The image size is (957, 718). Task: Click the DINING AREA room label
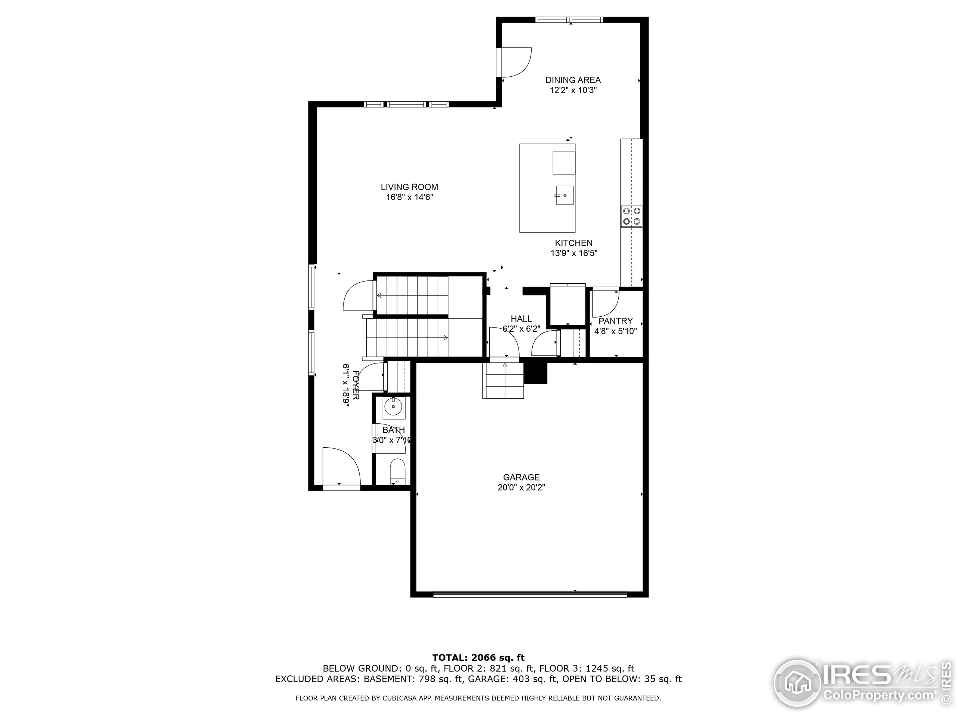pyautogui.click(x=573, y=80)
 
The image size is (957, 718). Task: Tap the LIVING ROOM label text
pyautogui.click(x=409, y=187)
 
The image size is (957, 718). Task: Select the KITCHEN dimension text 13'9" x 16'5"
pyautogui.click(x=574, y=253)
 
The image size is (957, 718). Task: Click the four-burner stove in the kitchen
pyautogui.click(x=632, y=217)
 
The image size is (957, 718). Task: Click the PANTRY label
pyautogui.click(x=615, y=321)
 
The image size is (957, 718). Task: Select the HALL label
pyautogui.click(x=521, y=319)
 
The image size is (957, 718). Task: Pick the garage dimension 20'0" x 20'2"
pyautogui.click(x=521, y=487)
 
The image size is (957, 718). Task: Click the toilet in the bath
pyautogui.click(x=397, y=471)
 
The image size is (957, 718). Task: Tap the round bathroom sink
pyautogui.click(x=393, y=407)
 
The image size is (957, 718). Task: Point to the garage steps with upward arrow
pyautogui.click(x=504, y=381)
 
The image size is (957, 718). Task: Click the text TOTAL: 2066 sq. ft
pyautogui.click(x=478, y=658)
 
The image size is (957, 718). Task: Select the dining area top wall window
pyautogui.click(x=569, y=20)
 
